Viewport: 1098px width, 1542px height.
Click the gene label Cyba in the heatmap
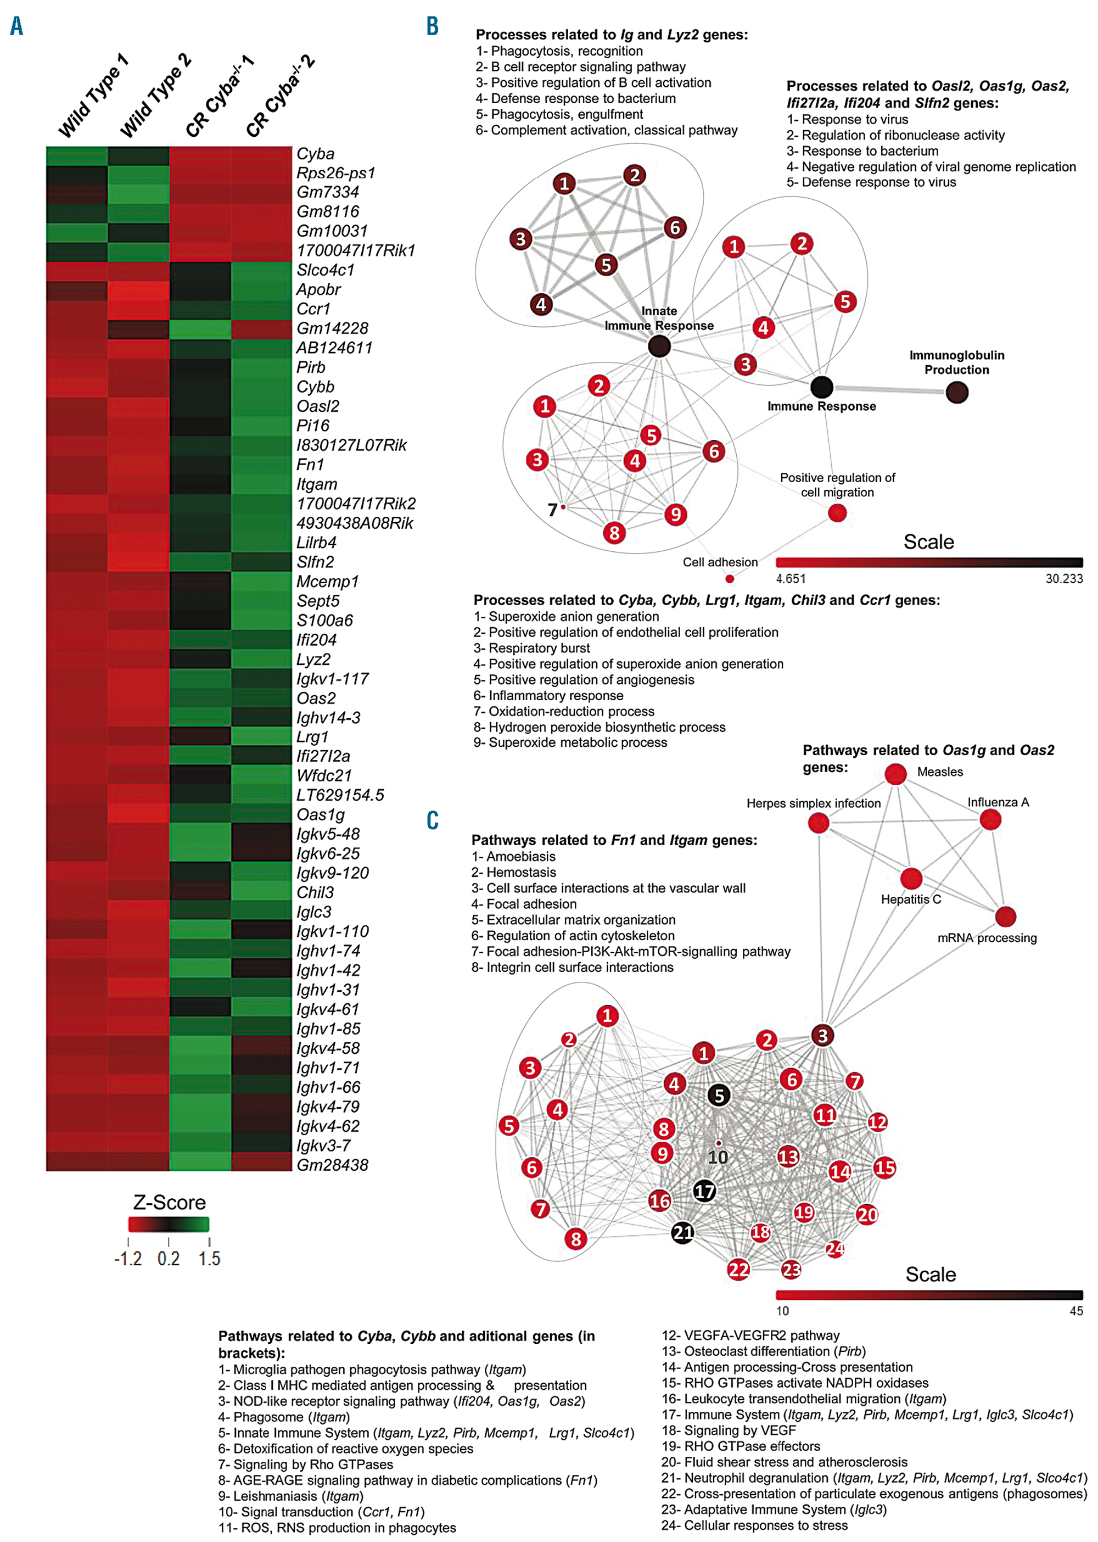point(315,154)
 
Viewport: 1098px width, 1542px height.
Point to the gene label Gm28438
point(332,1165)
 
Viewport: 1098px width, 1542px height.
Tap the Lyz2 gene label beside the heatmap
point(313,660)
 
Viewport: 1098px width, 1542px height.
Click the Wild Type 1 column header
point(93,96)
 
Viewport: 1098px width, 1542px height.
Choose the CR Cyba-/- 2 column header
point(279,96)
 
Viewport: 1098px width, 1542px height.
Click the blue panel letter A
point(17,26)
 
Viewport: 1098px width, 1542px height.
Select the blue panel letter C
point(433,820)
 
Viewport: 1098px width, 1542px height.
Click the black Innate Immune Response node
point(659,347)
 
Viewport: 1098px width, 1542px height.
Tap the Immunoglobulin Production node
point(957,392)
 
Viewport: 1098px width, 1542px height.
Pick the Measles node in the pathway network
point(896,774)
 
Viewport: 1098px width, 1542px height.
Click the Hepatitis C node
point(911,879)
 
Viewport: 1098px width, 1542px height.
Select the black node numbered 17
point(704,1191)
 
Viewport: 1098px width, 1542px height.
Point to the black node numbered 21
point(683,1232)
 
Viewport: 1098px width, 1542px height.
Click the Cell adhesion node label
point(720,562)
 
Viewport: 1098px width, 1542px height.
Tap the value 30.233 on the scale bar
point(1063,579)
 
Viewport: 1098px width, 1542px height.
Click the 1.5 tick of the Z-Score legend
point(210,1259)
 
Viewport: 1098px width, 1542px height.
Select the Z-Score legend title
point(169,1203)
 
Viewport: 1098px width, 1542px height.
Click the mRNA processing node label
point(987,938)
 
